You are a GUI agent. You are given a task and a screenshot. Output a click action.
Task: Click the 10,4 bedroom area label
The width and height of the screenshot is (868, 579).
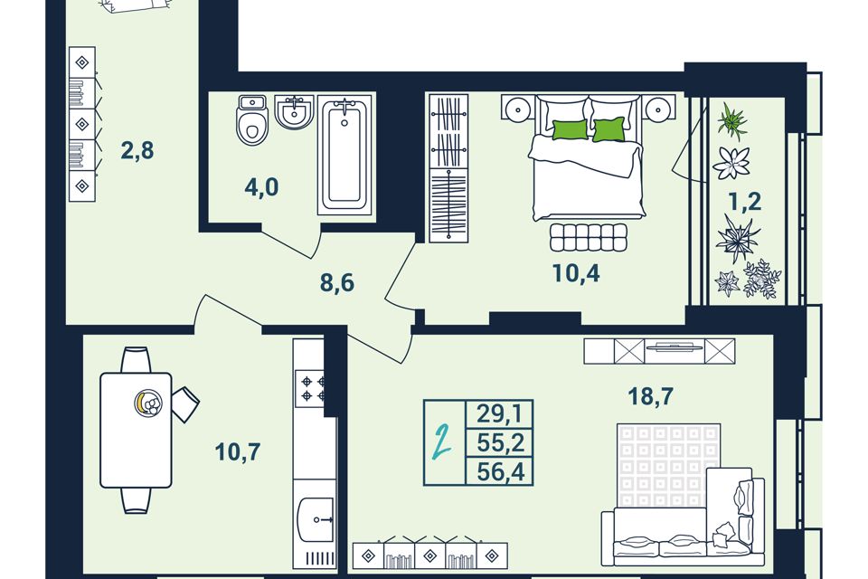point(576,273)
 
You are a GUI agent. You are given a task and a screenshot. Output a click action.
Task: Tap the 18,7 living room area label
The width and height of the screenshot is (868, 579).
point(650,396)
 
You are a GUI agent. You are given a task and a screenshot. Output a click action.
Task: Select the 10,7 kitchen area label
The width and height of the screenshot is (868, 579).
point(238,452)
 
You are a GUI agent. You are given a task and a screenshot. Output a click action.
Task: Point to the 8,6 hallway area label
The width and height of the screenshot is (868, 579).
point(337,283)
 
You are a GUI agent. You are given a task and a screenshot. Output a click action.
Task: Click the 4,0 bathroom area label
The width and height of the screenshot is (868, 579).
point(261,187)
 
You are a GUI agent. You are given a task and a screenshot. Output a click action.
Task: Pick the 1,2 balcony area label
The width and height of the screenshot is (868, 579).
point(745,203)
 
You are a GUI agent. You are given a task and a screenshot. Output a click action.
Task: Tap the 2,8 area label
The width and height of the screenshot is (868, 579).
point(137,150)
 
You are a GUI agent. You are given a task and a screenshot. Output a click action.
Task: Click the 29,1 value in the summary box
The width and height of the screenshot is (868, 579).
point(500,413)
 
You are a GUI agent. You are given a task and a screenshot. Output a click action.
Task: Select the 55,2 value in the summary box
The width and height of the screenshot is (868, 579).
point(500,442)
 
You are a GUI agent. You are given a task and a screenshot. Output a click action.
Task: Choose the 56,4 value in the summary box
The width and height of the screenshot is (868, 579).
point(500,472)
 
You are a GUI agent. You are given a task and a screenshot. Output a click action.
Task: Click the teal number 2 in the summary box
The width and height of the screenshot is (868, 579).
point(443,441)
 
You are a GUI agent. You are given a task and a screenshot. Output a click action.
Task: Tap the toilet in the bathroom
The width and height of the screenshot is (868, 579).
point(252,120)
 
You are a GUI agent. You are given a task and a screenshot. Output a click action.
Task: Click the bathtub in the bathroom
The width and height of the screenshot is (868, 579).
point(344,157)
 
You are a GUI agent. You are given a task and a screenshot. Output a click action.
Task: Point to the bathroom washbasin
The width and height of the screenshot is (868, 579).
point(295,112)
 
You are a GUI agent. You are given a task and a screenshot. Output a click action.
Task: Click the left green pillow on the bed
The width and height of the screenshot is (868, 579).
point(570,129)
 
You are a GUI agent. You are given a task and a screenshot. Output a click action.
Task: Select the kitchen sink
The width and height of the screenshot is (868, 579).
point(316,519)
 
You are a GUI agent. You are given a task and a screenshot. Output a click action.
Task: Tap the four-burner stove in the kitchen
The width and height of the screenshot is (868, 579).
point(314,388)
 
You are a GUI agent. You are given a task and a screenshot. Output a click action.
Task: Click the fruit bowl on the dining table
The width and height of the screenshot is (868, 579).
point(149,403)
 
